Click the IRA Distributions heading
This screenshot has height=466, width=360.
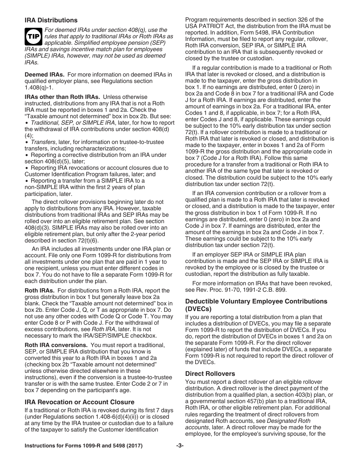pyautogui.click(x=51, y=20)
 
